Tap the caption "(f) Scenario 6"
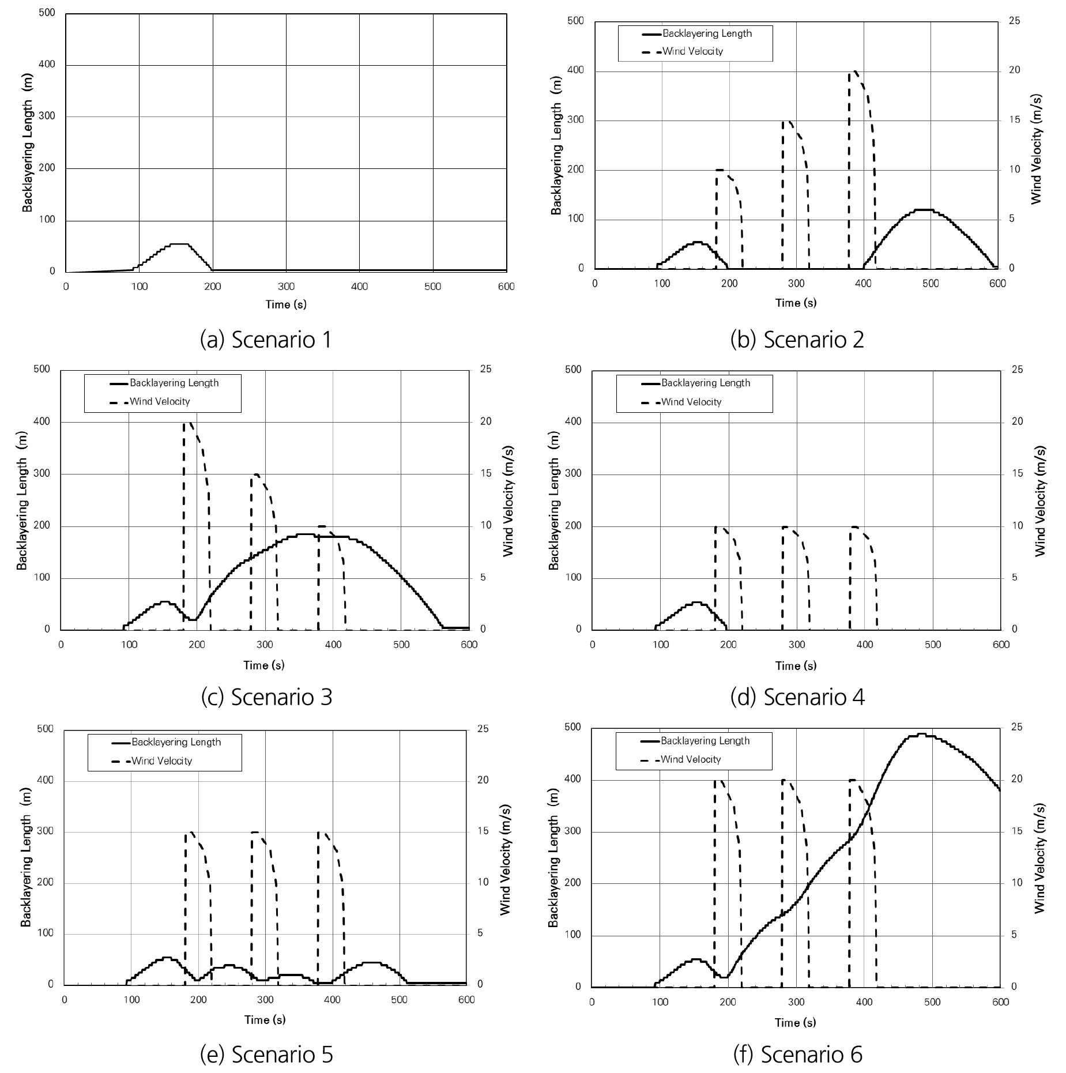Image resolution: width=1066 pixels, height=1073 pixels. pos(797,1054)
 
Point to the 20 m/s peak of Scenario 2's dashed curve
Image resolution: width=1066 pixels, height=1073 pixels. pos(854,71)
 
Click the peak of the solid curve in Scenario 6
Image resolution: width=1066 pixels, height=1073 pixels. pos(921,734)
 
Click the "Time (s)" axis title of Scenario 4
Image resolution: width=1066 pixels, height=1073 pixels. pos(796,665)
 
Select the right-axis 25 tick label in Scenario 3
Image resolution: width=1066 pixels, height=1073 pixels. pos(486,369)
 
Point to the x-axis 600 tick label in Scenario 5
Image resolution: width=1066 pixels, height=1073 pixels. pos(466,1000)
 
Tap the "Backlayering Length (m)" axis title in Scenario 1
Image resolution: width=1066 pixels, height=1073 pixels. pos(28,142)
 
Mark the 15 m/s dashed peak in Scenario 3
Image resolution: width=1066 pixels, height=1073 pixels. pos(256,475)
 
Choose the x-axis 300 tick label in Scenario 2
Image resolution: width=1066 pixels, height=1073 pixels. pos(796,283)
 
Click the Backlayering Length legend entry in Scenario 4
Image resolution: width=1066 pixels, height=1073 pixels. pos(705,383)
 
